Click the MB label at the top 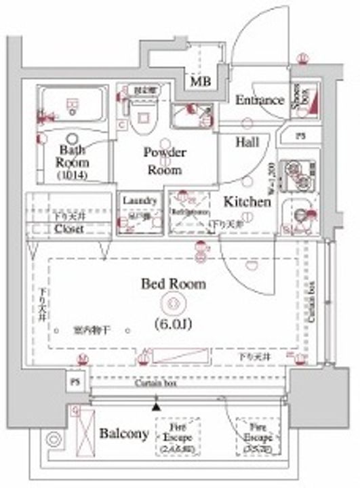(x=199, y=82)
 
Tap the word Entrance (x=259, y=100)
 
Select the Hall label (x=247, y=142)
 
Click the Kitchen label (x=247, y=201)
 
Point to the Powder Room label (x=164, y=161)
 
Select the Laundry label (x=140, y=201)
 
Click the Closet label (x=69, y=229)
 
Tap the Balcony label (x=123, y=433)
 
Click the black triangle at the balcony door (x=157, y=407)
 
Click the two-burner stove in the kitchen (x=298, y=176)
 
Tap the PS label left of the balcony (x=75, y=382)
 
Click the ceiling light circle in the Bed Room (x=173, y=303)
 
